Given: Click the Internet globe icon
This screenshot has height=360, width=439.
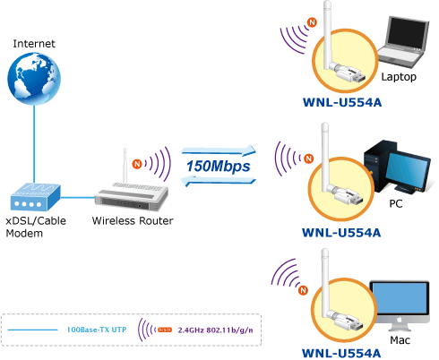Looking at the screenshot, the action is pos(34,79).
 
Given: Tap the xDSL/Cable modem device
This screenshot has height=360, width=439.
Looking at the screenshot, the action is pos(36,197).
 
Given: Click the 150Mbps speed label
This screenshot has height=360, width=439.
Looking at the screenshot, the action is pos(219,167).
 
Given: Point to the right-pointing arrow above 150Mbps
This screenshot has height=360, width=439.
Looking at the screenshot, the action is pos(219,150).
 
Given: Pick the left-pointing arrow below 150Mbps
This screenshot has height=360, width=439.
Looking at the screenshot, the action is pos(219,182).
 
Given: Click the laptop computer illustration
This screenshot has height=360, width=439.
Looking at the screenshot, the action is pos(403,42).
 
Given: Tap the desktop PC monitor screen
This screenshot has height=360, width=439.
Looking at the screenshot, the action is pos(409,168).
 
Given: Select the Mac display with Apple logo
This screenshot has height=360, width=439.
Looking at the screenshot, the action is pos(400,305).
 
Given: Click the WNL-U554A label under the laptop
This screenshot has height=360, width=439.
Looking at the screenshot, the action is pos(342,102).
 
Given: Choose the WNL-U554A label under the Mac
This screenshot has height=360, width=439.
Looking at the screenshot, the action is pos(341,353).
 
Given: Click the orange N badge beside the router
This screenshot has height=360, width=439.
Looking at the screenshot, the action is pos(137,164).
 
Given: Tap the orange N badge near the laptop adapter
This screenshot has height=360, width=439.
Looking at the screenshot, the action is pos(312,22).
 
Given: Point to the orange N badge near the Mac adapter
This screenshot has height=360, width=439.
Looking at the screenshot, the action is pos(303,290).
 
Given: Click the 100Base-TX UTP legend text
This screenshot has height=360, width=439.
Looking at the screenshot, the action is pos(97,330).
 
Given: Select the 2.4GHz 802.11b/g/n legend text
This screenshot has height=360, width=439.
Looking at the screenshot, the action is pos(215,330).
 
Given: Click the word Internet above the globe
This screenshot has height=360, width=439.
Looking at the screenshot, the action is pos(34,44).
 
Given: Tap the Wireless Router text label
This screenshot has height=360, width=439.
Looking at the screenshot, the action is pos(133,220).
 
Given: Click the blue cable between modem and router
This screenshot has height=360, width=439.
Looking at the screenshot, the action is pos(78,197).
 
